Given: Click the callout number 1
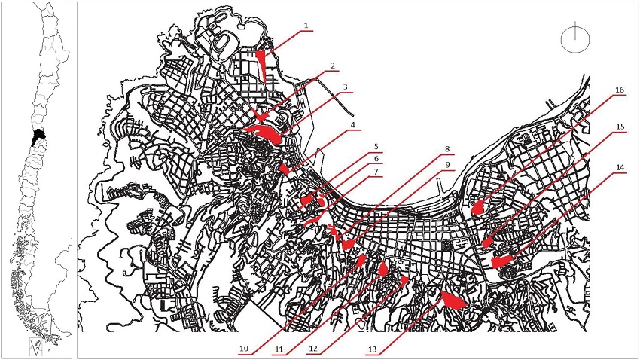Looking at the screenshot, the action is click(306, 26).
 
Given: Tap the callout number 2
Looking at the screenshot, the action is click(333, 66).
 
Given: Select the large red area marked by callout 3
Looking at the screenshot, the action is click(264, 133).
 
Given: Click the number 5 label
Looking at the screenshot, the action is click(376, 147).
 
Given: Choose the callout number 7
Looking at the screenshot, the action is click(376, 172).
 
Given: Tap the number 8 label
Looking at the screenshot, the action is click(447, 149).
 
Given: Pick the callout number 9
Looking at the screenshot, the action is click(447, 165).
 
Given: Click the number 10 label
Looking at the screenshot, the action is click(244, 349).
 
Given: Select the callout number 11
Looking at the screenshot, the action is click(279, 349).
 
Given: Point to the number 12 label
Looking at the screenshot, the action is click(313, 349).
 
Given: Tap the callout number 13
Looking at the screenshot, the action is click(372, 349).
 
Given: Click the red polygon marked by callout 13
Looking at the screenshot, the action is click(453, 301).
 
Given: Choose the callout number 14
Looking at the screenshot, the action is click(620, 168).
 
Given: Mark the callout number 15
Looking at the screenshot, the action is click(620, 127).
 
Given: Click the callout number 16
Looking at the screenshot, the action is click(620, 90).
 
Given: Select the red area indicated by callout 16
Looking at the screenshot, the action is click(477, 208).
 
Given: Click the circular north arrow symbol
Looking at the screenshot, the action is click(575, 41).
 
